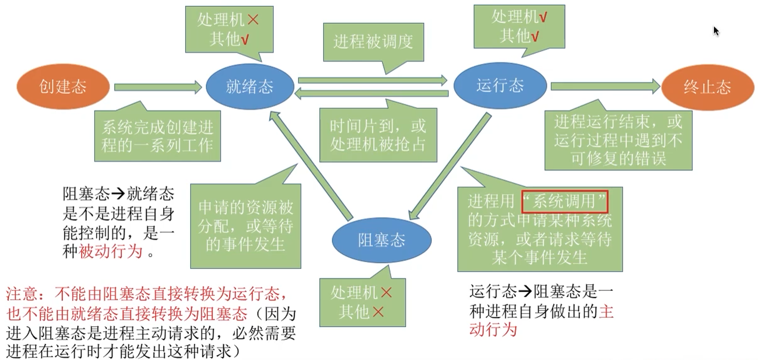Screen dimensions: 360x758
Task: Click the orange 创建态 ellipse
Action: tap(63, 87)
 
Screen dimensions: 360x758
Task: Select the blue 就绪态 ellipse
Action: tap(250, 87)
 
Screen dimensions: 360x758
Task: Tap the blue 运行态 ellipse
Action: tap(500, 85)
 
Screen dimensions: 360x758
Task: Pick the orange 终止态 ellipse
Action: tap(707, 87)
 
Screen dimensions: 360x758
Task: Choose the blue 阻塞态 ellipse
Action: tap(382, 240)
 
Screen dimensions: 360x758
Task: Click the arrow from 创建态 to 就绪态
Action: tap(157, 87)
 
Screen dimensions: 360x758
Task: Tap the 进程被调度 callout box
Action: tap(373, 42)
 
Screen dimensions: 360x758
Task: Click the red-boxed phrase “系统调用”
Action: tap(565, 202)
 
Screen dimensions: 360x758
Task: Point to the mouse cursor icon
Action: tap(716, 31)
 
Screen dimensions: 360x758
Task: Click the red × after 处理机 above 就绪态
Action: tap(253, 19)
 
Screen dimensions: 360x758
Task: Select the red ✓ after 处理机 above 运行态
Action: tap(543, 16)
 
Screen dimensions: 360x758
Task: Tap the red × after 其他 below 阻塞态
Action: tap(378, 312)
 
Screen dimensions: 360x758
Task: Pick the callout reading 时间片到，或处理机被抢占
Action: tap(378, 135)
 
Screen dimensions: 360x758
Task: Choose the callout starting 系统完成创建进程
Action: tap(157, 136)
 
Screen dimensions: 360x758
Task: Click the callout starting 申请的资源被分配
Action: tap(245, 226)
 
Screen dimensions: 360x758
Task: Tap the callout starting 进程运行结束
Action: tap(618, 140)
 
